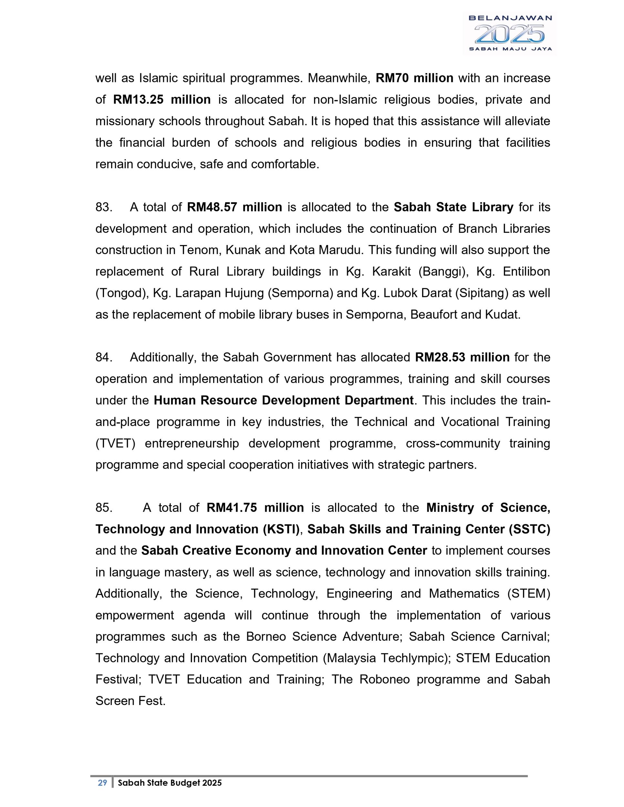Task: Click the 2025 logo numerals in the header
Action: [x=509, y=34]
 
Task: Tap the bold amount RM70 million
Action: [x=414, y=78]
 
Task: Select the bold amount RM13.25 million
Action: [x=162, y=100]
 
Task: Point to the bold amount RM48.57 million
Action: [x=234, y=207]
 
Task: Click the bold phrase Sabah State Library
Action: [x=453, y=207]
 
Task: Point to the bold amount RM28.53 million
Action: [x=462, y=358]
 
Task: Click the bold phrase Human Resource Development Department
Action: [x=284, y=401]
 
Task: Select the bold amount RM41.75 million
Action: [x=255, y=508]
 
